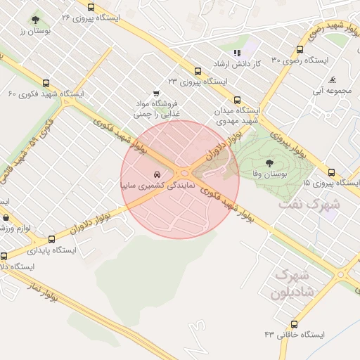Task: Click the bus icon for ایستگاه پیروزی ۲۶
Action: click(x=91, y=7)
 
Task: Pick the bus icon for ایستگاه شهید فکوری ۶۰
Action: click(x=46, y=83)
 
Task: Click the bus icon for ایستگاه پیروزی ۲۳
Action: click(x=198, y=72)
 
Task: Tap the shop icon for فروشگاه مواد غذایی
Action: click(x=156, y=93)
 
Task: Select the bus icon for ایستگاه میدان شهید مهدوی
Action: click(x=237, y=100)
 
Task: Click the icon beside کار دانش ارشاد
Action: click(x=237, y=53)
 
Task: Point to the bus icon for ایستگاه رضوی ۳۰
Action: click(x=301, y=50)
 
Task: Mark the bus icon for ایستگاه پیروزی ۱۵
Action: click(x=332, y=172)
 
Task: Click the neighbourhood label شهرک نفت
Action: click(x=309, y=205)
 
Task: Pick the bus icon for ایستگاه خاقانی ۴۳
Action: click(x=294, y=324)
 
